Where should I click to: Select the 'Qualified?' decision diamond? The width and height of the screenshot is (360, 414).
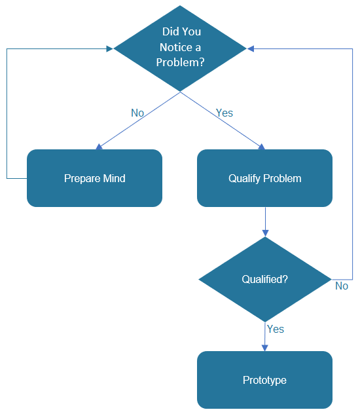click(x=264, y=279)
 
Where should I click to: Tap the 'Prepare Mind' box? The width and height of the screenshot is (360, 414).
click(x=94, y=178)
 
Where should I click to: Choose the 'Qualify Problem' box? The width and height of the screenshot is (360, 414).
click(x=264, y=178)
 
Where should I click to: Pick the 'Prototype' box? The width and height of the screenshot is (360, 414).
click(x=264, y=380)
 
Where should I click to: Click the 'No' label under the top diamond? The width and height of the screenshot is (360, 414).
click(x=137, y=113)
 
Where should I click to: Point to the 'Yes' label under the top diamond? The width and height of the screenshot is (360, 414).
click(x=225, y=113)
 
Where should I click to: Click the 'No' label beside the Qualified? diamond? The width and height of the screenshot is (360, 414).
click(x=342, y=286)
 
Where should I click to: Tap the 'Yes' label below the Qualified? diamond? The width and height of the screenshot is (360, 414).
click(x=276, y=329)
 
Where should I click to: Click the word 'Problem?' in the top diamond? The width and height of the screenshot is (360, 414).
click(x=180, y=62)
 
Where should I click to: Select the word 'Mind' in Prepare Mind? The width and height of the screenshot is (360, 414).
click(x=113, y=178)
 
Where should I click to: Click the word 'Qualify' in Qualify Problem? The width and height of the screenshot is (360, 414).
click(x=244, y=178)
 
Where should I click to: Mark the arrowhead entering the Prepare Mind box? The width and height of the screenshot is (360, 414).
click(x=99, y=147)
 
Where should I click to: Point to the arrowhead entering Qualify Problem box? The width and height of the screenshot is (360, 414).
click(x=263, y=147)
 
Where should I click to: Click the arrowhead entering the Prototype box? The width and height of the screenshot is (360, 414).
click(x=264, y=348)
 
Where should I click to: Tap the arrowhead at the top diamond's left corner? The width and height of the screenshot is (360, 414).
click(x=110, y=48)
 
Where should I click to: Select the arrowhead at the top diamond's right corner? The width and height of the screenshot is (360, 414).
click(x=251, y=48)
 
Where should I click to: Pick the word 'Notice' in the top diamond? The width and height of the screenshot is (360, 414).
click(x=173, y=47)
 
